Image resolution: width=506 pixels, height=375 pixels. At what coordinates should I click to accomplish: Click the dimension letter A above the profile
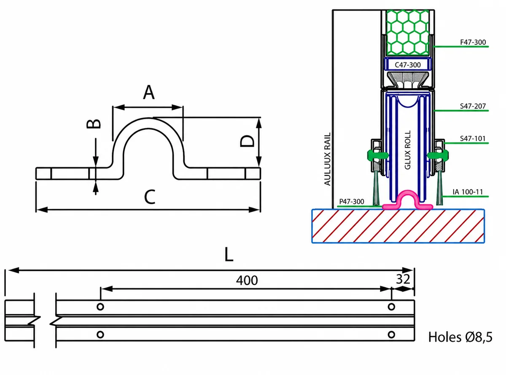(149, 92)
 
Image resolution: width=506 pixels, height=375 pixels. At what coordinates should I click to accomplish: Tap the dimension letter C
(150, 197)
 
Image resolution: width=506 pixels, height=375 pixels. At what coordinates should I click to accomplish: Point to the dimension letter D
(247, 141)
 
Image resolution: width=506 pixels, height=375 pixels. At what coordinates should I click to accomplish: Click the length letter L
(229, 254)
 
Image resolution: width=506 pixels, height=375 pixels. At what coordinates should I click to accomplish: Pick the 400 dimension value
(247, 280)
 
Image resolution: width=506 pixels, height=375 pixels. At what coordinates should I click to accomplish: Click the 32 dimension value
(403, 279)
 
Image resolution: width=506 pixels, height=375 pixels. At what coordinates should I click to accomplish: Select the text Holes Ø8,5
(460, 337)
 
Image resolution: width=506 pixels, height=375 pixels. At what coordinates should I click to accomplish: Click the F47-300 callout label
(473, 42)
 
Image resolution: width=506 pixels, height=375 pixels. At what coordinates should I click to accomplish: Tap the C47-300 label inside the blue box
(408, 65)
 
